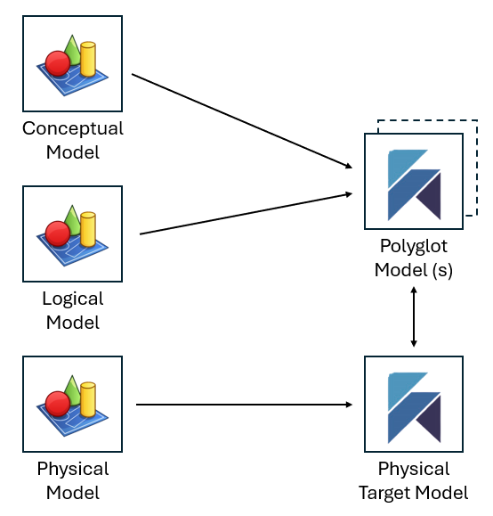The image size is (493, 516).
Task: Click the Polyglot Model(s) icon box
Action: click(x=414, y=183)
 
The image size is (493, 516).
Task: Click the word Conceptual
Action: click(x=73, y=128)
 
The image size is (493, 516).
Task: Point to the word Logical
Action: click(x=73, y=299)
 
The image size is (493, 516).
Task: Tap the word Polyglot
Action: click(x=414, y=247)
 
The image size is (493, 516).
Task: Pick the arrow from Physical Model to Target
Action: click(x=245, y=405)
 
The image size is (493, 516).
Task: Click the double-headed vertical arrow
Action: click(x=414, y=318)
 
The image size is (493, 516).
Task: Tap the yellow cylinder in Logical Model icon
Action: click(x=87, y=229)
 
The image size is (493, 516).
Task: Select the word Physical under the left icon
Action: click(x=73, y=469)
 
